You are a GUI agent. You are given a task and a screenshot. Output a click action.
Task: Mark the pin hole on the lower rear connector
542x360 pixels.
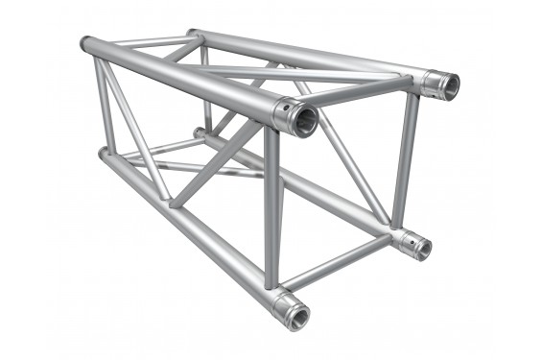click(x=406, y=239)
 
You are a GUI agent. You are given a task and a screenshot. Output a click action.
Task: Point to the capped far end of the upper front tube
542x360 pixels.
click(x=84, y=44)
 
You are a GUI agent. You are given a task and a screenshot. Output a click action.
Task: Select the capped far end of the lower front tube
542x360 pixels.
click(x=103, y=153)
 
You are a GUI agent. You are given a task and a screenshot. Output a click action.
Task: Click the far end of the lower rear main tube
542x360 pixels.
click(x=199, y=132)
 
